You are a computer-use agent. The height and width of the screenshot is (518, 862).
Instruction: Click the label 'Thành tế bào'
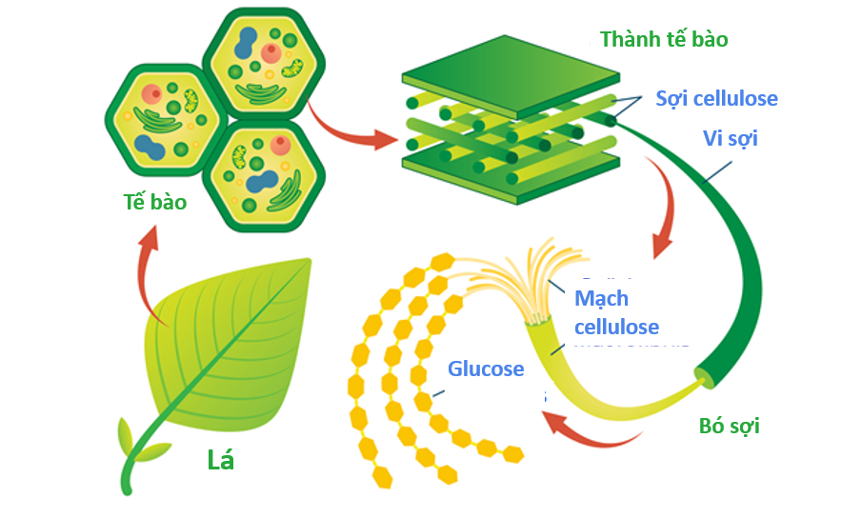click(x=664, y=40)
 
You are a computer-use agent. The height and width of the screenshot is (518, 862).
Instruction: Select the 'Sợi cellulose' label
click(x=716, y=98)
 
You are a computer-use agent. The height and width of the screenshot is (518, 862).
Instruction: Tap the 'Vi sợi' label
click(x=731, y=139)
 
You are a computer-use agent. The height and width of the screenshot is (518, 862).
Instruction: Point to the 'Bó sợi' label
click(x=730, y=426)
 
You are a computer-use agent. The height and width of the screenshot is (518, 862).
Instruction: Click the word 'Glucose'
click(x=486, y=369)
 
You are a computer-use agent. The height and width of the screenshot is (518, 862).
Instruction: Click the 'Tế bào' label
click(x=154, y=202)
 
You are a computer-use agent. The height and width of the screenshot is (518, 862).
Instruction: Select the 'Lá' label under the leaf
click(x=221, y=461)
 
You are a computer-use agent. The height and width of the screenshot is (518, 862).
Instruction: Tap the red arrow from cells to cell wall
click(x=352, y=129)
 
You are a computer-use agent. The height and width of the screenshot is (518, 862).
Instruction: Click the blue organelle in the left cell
click(x=150, y=146)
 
